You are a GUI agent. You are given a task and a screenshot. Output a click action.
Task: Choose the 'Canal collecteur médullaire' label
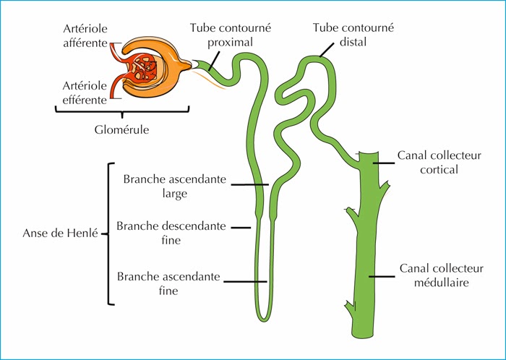(434, 275)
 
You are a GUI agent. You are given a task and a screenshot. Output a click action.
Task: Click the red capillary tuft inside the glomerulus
(147, 70)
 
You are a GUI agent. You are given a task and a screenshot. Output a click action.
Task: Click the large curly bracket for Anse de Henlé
(108, 233)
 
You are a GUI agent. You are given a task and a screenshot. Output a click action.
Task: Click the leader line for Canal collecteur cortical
(384, 163)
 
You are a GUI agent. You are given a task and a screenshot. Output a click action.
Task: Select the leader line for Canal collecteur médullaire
(382, 275)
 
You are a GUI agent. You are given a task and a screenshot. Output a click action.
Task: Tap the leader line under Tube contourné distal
(327, 49)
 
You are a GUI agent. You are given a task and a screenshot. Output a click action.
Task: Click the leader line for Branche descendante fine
(240, 228)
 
